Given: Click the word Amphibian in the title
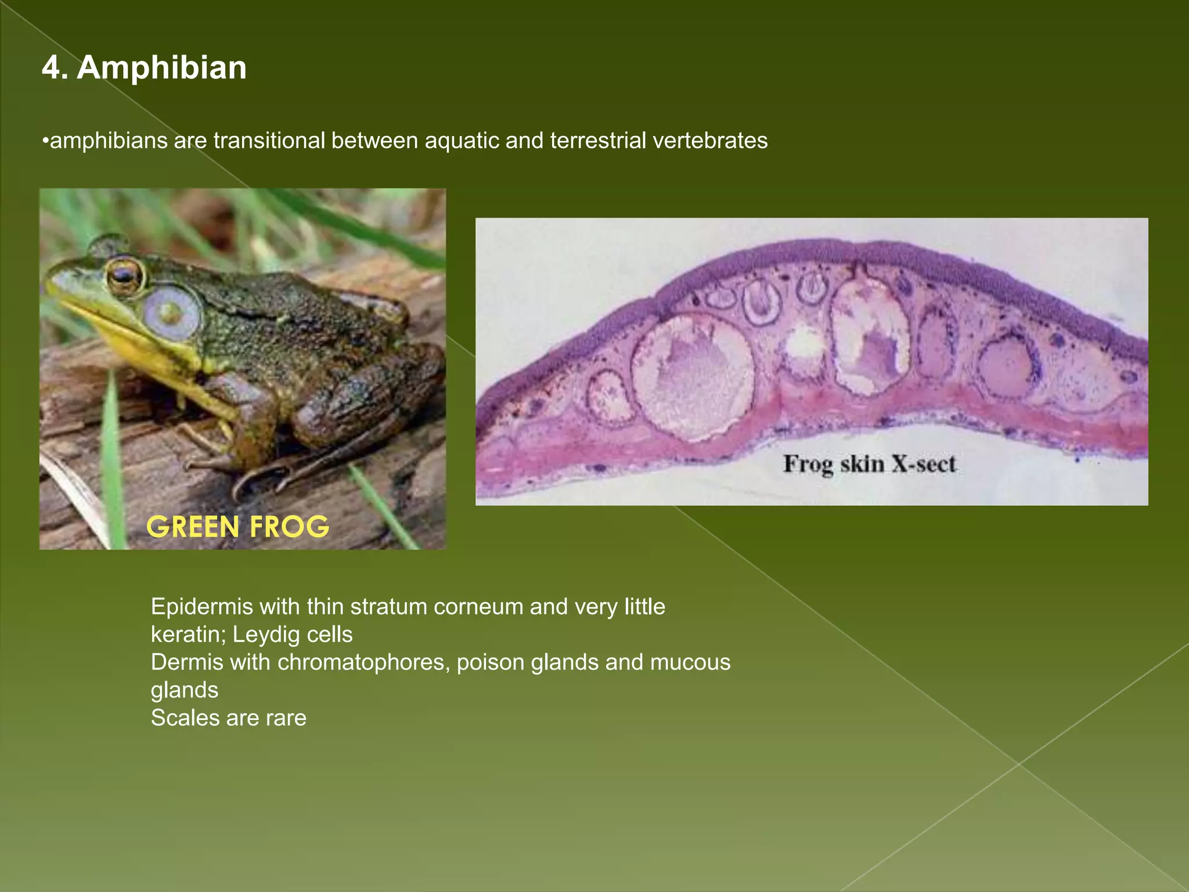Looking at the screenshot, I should tap(161, 67).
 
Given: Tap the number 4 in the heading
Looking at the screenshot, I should tap(51, 67).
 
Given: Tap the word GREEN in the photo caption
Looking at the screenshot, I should tap(193, 527).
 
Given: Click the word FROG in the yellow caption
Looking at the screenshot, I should tap(289, 527).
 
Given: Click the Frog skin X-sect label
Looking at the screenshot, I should tap(869, 464).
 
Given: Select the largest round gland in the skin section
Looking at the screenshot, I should tap(692, 375).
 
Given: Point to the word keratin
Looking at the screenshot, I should tap(188, 635).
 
